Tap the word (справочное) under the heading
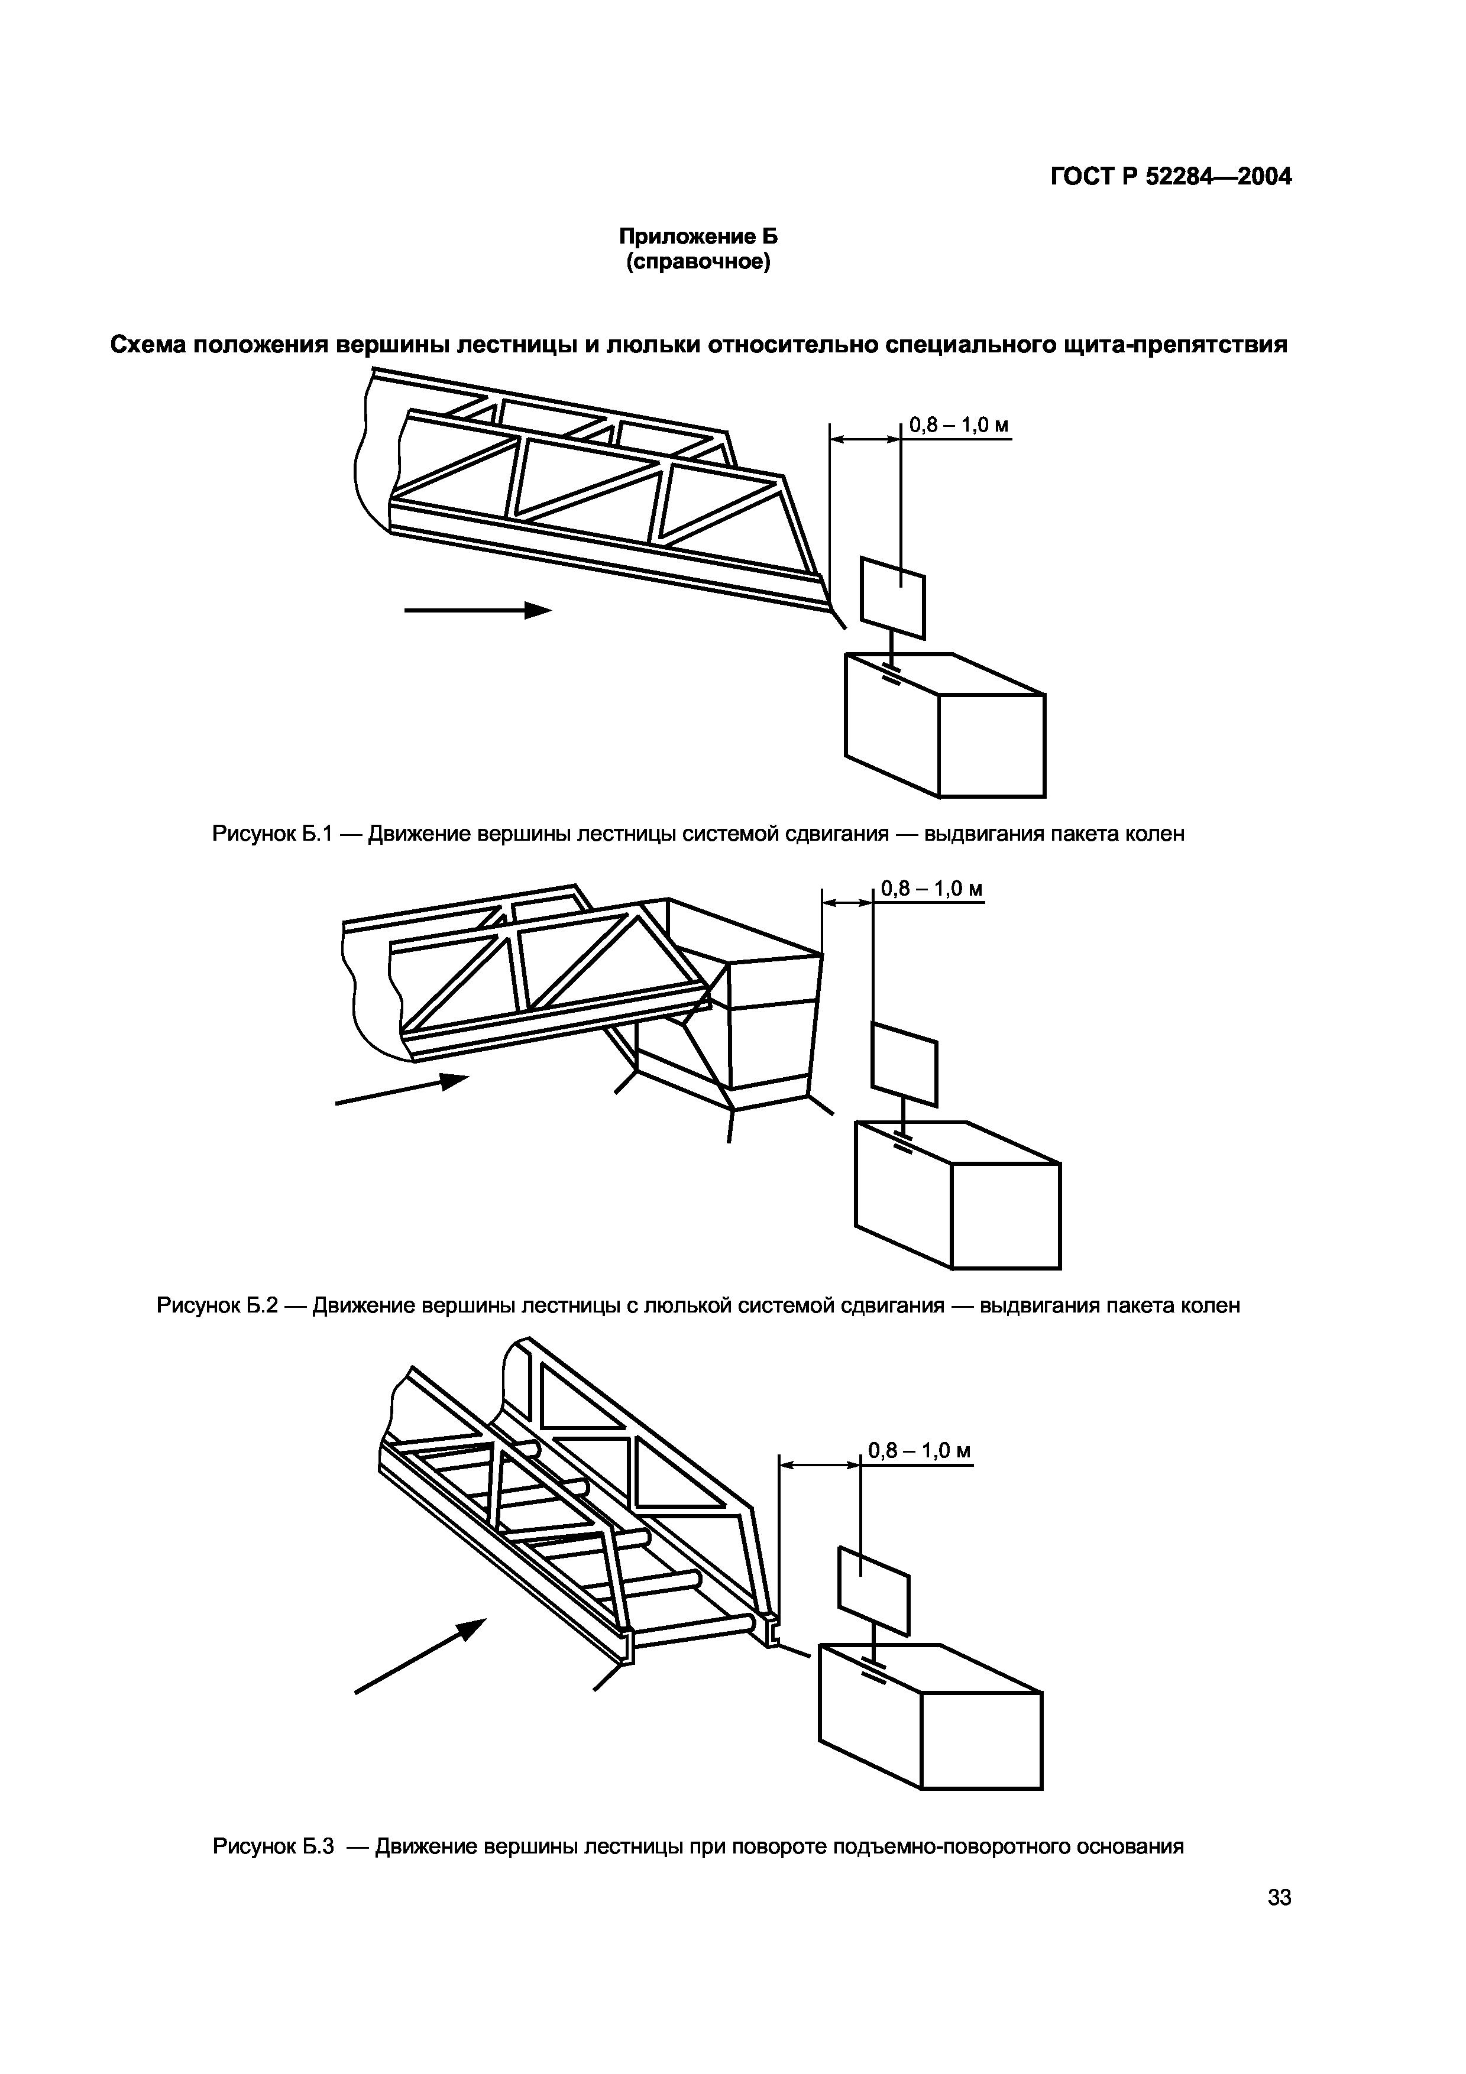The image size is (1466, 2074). pyautogui.click(x=697, y=264)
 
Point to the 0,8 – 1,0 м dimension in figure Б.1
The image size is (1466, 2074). pyautogui.click(x=959, y=424)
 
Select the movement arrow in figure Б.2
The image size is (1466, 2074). pyautogui.click(x=402, y=1090)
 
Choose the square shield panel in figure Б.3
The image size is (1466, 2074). pyautogui.click(x=873, y=1592)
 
